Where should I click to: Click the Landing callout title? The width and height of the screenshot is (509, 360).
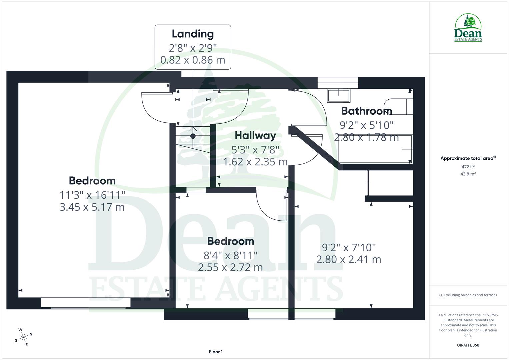193,34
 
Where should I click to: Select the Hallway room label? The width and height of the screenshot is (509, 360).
255,135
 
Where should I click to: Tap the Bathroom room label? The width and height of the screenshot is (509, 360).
366,111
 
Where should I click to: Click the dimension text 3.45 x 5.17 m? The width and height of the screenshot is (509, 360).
92,207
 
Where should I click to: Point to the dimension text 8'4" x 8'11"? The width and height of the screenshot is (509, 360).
230,255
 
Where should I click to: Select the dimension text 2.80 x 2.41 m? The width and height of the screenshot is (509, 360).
348,259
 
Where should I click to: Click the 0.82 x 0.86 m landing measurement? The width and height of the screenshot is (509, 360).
193,60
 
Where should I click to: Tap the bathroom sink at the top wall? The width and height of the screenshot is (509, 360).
339,96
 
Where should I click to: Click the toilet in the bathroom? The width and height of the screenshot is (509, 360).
398,106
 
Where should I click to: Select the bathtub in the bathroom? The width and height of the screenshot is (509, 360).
375,149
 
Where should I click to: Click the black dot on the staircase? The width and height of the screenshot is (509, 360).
193,136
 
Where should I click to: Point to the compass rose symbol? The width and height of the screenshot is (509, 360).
23,337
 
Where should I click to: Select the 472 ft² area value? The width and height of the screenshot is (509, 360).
468,167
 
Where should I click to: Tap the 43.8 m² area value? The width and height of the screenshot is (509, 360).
468,174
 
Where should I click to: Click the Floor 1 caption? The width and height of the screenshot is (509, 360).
216,352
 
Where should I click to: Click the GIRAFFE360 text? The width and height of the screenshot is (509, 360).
468,345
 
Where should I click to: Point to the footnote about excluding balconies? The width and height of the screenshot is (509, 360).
468,295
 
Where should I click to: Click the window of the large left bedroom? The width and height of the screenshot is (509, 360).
86,303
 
